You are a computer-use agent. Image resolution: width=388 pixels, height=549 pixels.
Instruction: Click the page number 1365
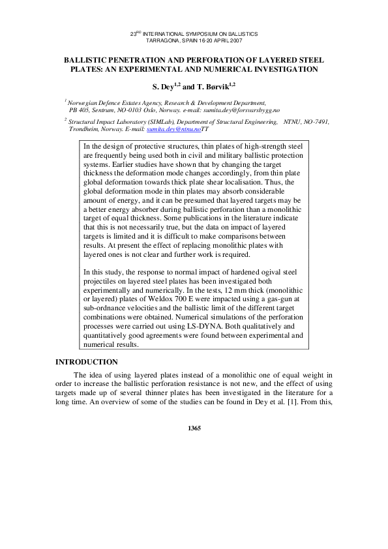click(194, 428)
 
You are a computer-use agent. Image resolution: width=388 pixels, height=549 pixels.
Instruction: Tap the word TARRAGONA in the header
click(163, 40)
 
